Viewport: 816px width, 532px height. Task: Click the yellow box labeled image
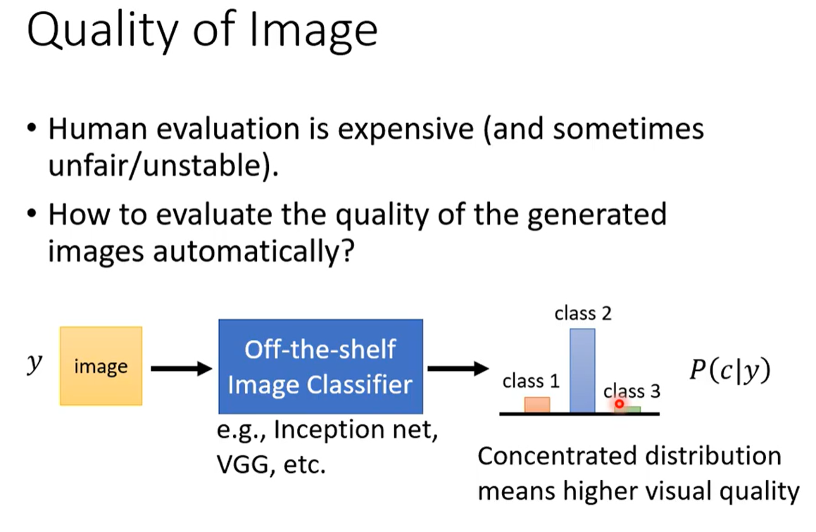101,366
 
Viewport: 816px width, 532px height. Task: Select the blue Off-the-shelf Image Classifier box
320,366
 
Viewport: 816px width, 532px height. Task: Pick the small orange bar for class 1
536,405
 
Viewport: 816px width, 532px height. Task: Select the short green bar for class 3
632,409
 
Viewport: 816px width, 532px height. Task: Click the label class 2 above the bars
583,314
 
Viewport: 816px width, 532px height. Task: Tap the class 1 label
531,381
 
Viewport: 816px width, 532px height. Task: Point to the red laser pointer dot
619,404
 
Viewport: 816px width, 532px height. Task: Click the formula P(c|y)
729,370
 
